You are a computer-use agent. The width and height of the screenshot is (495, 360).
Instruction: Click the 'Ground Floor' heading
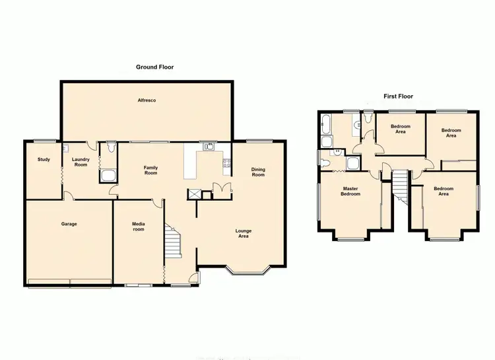(x=154, y=67)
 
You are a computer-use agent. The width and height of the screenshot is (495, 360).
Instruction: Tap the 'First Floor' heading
(x=398, y=96)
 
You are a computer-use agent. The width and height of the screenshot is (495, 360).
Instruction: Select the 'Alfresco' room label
(x=146, y=100)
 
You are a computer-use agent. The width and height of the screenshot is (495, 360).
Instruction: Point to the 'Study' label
(x=44, y=159)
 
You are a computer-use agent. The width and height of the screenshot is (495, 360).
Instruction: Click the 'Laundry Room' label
(x=81, y=162)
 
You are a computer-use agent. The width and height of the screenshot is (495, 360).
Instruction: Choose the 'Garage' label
(x=69, y=224)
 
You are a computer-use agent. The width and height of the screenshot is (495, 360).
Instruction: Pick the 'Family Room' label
(x=151, y=170)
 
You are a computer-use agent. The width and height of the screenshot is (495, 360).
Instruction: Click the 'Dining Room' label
(x=258, y=172)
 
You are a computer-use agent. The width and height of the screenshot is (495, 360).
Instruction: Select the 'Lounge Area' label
(x=244, y=233)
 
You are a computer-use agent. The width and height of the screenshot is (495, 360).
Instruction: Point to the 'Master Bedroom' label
(x=350, y=192)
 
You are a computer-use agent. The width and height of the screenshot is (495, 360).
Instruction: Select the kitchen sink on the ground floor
(x=209, y=147)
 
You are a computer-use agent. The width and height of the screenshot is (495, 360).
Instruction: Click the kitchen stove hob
(x=227, y=164)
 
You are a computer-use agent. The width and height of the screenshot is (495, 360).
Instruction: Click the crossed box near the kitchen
(x=195, y=194)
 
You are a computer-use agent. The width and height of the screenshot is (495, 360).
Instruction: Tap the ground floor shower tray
(x=108, y=176)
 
